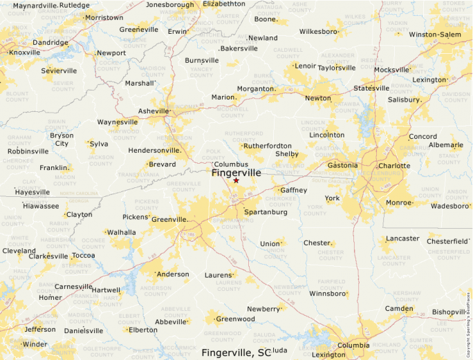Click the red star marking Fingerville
(236, 180)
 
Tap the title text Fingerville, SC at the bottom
(236, 352)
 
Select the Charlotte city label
(394, 166)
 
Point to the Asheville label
(154, 111)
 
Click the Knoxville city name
(25, 52)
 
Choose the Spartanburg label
(266, 211)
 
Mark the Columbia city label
(353, 345)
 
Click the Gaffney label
(293, 189)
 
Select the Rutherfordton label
(268, 146)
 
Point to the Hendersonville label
(154, 149)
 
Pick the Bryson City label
(62, 140)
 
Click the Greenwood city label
(236, 319)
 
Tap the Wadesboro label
(449, 205)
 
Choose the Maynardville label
(35, 6)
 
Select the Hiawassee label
(41, 205)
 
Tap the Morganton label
(256, 88)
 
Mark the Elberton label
(142, 330)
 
